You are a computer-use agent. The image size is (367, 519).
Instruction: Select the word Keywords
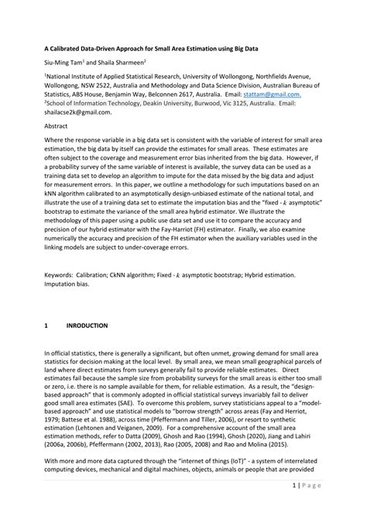tap(59, 274)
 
